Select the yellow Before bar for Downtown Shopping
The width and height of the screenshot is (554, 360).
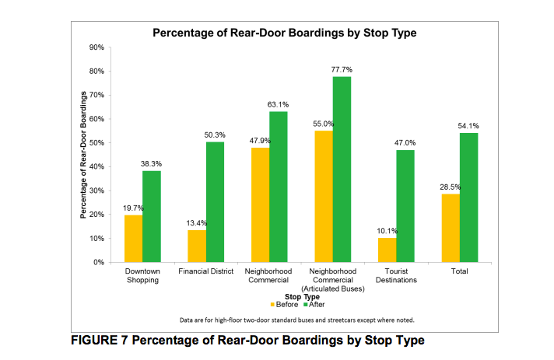tap(133, 238)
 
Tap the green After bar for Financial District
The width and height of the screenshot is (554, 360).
tap(215, 201)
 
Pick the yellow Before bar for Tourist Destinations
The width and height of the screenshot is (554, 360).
tap(387, 250)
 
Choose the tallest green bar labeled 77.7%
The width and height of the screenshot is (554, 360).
tap(342, 169)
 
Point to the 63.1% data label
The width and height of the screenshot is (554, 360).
tap(278, 105)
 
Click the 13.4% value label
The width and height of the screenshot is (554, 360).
tap(196, 223)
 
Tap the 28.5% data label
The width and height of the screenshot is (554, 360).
tap(450, 187)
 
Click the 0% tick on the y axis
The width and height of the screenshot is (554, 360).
tap(99, 262)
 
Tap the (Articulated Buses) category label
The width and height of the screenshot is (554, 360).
tap(332, 289)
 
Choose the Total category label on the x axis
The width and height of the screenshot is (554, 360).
tap(459, 272)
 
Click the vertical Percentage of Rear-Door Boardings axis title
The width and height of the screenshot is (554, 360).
tap(82, 155)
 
